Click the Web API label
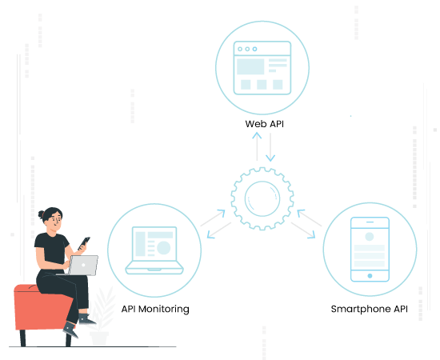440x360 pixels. click(x=264, y=124)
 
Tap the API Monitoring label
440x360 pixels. click(x=155, y=309)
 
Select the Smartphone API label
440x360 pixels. click(x=370, y=309)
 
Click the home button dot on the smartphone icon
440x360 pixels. click(x=370, y=276)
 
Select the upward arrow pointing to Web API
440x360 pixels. click(x=257, y=146)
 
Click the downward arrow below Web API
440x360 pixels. click(x=270, y=147)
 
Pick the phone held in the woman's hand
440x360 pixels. click(x=84, y=243)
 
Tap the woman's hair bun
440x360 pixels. click(x=42, y=214)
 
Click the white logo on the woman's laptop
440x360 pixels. click(x=83, y=265)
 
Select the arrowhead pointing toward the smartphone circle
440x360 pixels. click(x=311, y=234)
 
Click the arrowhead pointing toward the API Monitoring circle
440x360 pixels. click(x=211, y=234)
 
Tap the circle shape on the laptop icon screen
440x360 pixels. click(x=163, y=248)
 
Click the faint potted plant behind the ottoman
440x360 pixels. click(x=101, y=317)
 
